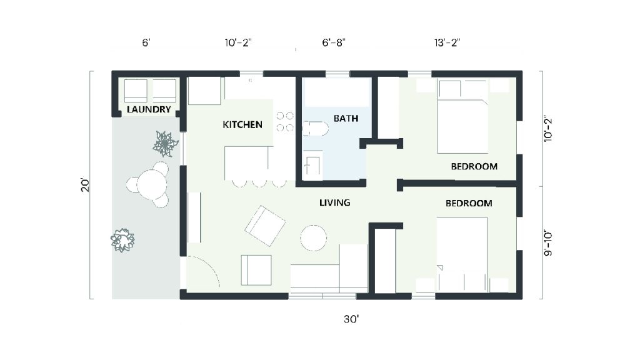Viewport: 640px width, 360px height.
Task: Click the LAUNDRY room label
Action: click(149, 110)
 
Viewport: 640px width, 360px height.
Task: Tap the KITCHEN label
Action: click(242, 125)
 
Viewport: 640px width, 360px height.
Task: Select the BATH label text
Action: click(346, 118)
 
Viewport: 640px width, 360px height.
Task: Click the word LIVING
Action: click(334, 202)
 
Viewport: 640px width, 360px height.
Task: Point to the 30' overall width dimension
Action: click(351, 319)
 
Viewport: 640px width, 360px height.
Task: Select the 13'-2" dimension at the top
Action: click(447, 43)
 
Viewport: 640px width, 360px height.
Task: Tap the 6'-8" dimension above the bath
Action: click(333, 43)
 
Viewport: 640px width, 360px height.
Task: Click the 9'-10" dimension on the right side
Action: click(548, 242)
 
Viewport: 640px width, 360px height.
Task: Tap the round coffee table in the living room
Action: click(313, 238)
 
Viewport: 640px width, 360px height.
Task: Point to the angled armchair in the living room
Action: click(265, 225)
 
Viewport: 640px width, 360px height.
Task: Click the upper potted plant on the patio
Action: click(165, 144)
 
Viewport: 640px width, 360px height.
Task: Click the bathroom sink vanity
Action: click(312, 166)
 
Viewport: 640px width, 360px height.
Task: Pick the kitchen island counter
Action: click(249, 162)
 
